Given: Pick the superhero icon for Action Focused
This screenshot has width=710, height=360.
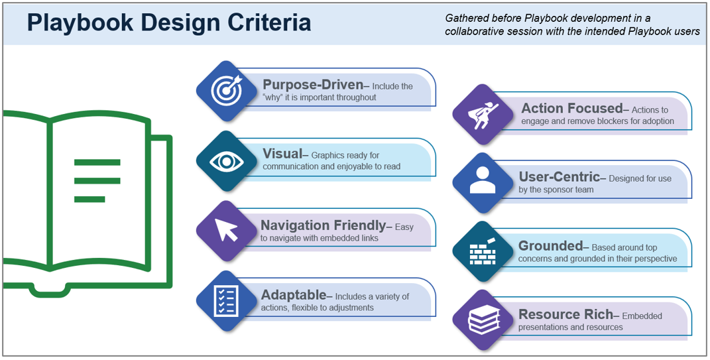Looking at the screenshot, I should pos(483,114).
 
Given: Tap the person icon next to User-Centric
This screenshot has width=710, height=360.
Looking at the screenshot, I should pos(483,183).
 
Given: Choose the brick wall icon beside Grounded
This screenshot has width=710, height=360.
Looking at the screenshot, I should pos(483,252).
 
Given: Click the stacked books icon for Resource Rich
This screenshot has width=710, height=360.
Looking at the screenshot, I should pos(483,321).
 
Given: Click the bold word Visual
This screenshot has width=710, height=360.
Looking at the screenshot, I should pos(282,154).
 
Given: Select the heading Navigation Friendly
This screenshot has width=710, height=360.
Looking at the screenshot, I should pos(323,225).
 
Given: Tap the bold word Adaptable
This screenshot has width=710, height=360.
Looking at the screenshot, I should pos(294,295).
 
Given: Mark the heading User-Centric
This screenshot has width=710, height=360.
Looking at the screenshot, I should pos(559,177).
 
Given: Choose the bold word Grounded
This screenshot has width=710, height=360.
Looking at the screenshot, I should pos(550,246).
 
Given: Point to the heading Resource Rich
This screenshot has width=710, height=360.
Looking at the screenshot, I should pos(565,315).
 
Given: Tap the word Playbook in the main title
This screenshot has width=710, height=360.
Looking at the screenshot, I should pos(72,23).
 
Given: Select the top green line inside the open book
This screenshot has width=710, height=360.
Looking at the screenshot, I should pos(97,162).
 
